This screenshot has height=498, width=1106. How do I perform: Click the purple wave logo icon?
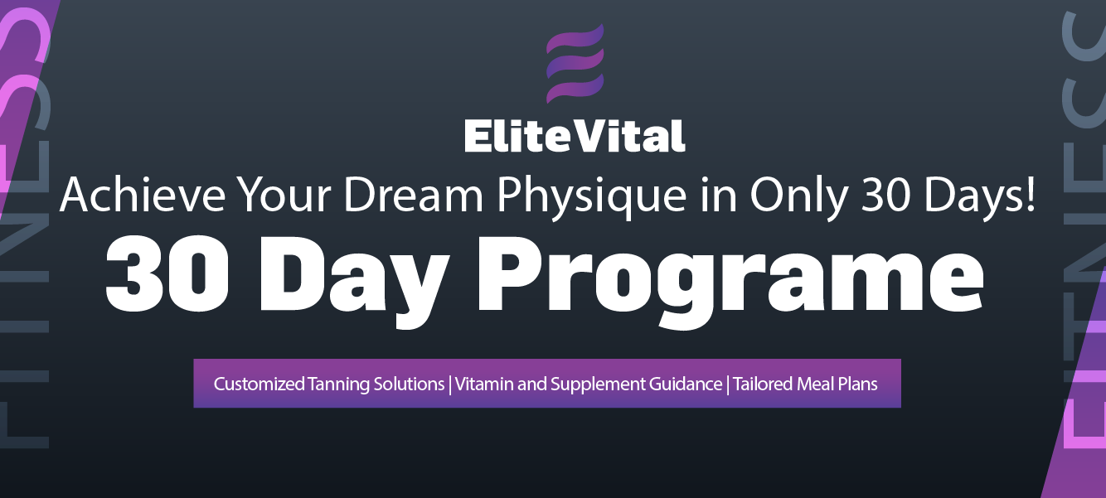[575, 63]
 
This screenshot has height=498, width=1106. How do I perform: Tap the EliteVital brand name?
[575, 136]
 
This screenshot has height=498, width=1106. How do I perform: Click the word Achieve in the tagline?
[143, 195]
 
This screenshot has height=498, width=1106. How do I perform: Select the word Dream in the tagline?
[413, 195]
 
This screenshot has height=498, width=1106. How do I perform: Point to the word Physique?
[591, 198]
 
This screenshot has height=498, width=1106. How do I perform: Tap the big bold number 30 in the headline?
[167, 274]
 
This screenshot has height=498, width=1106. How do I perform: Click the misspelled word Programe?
[730, 283]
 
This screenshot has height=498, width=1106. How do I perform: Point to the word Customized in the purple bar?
[260, 384]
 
